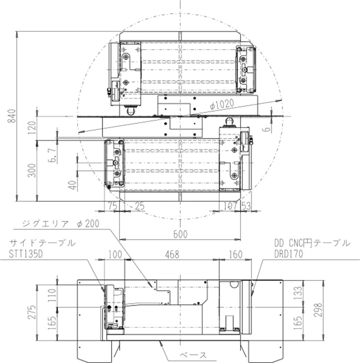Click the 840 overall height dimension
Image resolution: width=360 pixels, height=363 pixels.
[12, 116]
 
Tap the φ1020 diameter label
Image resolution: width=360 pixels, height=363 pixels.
[222, 105]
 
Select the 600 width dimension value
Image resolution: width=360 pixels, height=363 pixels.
[180, 234]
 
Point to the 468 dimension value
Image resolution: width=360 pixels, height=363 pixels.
[172, 255]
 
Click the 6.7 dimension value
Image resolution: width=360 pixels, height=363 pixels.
[53, 155]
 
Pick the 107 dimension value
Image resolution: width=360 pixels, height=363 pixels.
[230, 206]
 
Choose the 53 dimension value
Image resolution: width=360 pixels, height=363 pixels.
[246, 206]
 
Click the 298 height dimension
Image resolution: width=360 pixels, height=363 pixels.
[318, 310]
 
